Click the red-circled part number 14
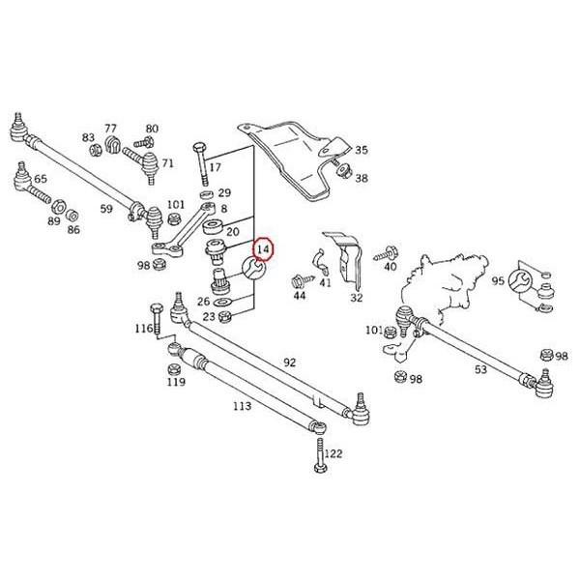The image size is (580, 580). [263, 248]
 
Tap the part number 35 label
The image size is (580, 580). [362, 150]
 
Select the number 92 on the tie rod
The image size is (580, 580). [289, 362]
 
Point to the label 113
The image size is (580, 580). [242, 406]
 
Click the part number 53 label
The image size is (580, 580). [480, 369]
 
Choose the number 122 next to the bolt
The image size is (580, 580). [333, 453]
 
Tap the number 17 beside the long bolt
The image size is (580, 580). [215, 167]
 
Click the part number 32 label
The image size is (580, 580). [356, 297]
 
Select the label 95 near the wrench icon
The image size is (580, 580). [497, 281]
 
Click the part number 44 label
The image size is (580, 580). [299, 297]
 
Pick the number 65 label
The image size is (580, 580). [40, 179]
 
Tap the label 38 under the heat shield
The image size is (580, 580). [362, 179]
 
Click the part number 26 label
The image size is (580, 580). [202, 301]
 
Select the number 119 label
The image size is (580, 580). [175, 382]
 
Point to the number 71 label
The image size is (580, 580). [167, 162]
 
